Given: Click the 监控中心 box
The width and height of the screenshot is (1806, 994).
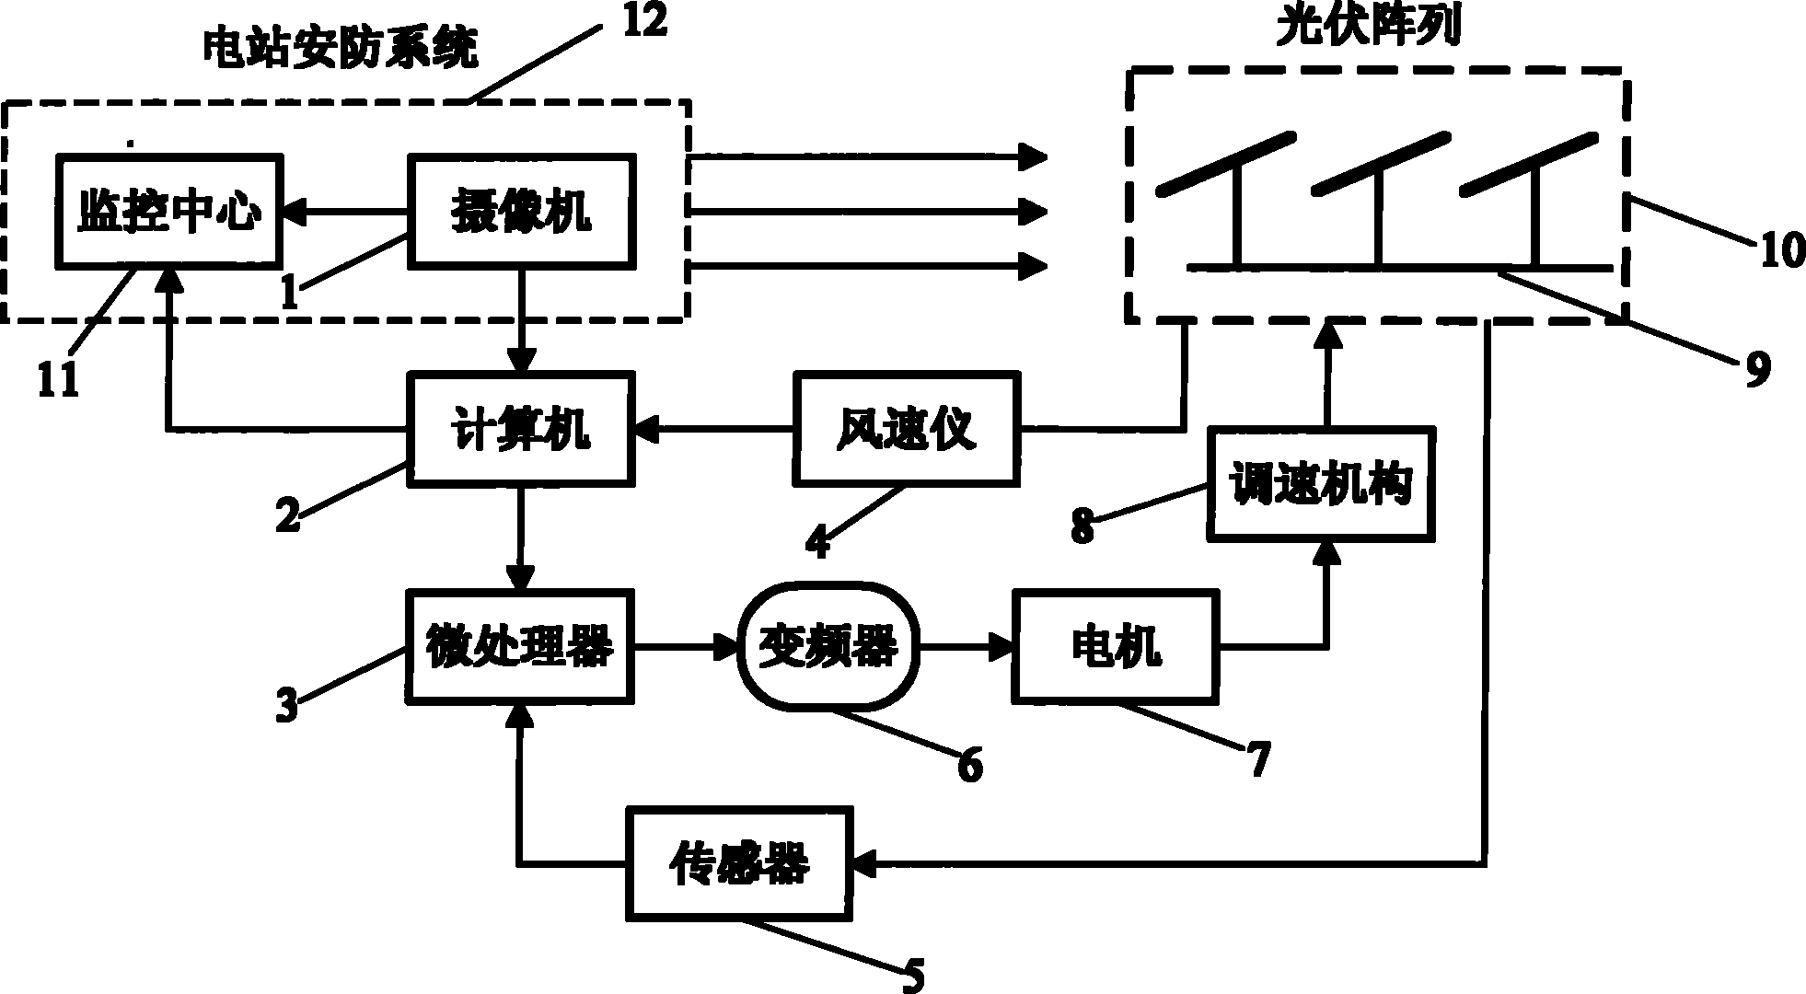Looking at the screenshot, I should point(170,212).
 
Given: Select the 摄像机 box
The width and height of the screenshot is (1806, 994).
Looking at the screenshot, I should point(522,212).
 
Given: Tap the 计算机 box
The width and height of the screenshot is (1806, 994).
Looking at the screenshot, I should point(522,428).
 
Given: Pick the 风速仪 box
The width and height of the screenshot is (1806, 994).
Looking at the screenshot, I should point(907,428).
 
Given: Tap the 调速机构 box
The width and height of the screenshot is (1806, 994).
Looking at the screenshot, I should point(1322,484).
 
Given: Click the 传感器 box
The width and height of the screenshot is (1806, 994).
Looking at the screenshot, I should point(738,863).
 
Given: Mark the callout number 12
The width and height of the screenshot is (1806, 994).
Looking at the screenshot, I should point(644,20).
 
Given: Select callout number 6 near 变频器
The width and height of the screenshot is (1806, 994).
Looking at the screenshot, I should point(969,766).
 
